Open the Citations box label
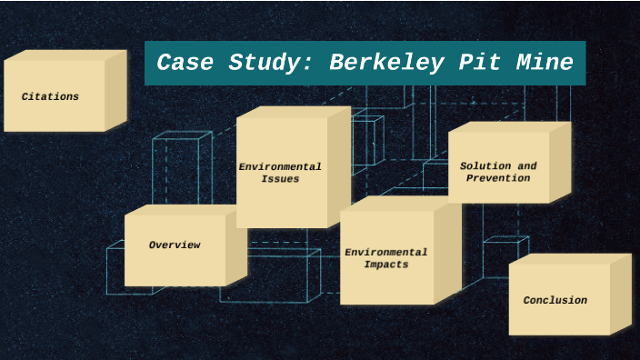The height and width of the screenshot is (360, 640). click(x=50, y=96)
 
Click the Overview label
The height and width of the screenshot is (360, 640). click(x=175, y=245)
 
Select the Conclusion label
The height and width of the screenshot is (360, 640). click(x=555, y=300)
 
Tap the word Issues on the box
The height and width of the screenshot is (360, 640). click(x=280, y=179)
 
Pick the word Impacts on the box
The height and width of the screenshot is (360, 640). click(x=386, y=265)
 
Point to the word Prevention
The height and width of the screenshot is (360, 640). click(x=498, y=178)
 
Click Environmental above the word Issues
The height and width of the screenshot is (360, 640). click(x=280, y=167)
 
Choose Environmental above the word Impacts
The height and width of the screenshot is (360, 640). click(x=386, y=252)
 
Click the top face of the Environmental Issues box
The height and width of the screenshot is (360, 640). click(x=293, y=112)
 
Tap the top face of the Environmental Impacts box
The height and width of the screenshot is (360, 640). click(x=400, y=204)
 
